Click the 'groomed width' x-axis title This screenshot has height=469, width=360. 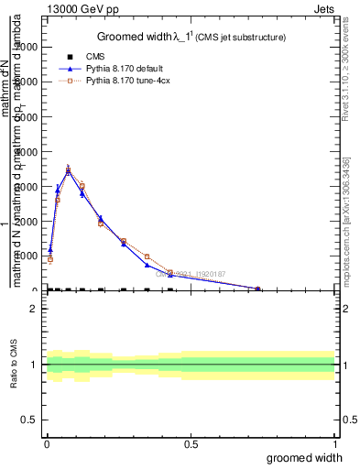tap(310, 457)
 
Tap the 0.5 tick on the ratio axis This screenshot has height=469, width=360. tap(30, 420)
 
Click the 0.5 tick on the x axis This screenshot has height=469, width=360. tap(191, 443)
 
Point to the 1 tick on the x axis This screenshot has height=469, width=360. tap(334, 443)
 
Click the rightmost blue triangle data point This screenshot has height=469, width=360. tap(257, 289)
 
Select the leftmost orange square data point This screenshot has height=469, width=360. tap(50, 259)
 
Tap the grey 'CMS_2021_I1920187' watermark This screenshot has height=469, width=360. tap(196, 273)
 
